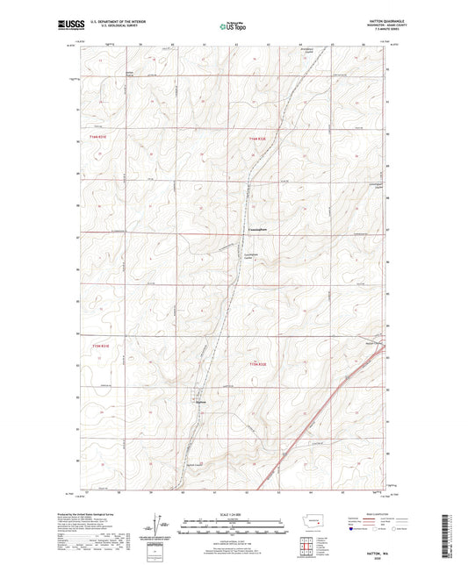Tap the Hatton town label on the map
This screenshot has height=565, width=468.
(199, 403)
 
